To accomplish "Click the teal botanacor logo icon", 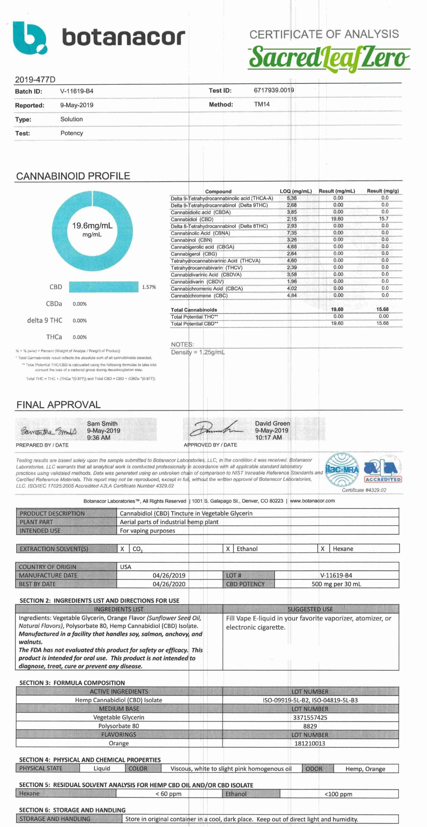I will tap(30, 37).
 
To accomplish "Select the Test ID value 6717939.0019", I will tap(274, 90).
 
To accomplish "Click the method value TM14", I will tap(262, 104).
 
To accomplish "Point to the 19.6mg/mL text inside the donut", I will tap(92, 225).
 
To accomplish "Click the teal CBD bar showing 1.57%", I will tap(104, 287).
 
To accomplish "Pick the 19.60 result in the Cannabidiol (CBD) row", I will tap(337, 219).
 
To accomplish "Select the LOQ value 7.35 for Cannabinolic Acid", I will tap(292, 233).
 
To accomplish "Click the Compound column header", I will tap(218, 191).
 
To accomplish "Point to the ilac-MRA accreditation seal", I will tap(342, 469).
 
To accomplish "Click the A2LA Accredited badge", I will tap(383, 471).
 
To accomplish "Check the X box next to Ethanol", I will tap(228, 549).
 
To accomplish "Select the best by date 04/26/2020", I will tap(169, 584).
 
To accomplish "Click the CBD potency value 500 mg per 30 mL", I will tap(336, 584).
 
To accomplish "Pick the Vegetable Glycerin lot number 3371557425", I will tap(310, 717).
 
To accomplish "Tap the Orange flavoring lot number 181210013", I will tap(310, 743).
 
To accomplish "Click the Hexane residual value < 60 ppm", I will tap(168, 794).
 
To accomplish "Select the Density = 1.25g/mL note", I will tap(198, 352).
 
